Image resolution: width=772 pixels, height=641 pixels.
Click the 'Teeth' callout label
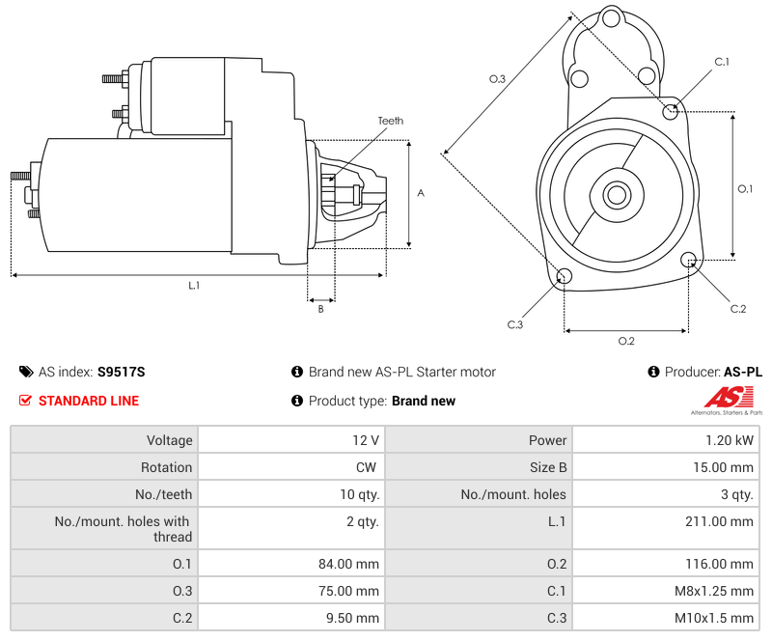tap(390, 121)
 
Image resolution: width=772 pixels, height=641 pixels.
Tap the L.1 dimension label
tap(194, 285)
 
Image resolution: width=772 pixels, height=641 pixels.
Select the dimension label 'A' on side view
tap(421, 193)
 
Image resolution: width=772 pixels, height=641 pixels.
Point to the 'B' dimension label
tap(320, 309)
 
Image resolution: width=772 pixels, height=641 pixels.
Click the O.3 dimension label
tap(497, 79)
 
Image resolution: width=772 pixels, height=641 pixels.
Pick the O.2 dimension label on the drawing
tap(625, 341)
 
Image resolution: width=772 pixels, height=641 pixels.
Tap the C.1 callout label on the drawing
tap(721, 62)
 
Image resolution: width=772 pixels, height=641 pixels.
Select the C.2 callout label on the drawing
tap(737, 309)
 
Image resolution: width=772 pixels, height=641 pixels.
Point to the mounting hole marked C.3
tap(565, 278)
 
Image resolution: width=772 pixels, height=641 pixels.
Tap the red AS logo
tap(723, 397)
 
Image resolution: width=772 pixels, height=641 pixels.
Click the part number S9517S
tap(121, 372)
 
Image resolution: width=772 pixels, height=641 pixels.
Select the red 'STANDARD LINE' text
tap(89, 401)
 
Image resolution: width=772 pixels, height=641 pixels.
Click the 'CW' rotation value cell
tap(290, 467)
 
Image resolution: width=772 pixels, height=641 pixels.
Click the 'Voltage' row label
tap(104, 440)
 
